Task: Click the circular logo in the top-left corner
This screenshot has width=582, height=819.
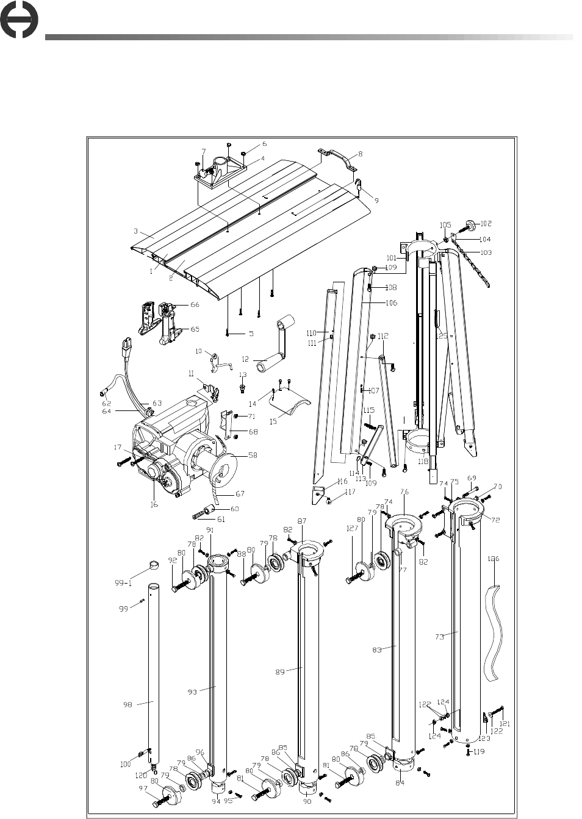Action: point(18,21)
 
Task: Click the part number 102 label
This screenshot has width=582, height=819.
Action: point(486,224)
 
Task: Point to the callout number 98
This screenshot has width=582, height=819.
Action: point(127,705)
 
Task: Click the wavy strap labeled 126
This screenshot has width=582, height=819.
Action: point(495,631)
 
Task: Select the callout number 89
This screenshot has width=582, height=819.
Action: point(281,671)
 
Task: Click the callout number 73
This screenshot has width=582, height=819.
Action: point(439,636)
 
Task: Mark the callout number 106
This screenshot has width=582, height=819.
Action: point(390,303)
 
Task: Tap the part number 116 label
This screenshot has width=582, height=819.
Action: point(342,482)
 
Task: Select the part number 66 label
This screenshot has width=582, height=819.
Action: point(195,304)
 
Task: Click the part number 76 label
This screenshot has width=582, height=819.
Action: point(404,492)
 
